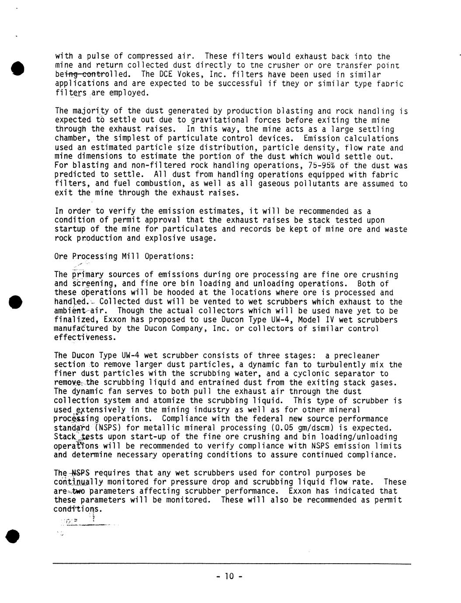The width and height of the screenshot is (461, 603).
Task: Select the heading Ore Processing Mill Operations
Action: click(x=124, y=256)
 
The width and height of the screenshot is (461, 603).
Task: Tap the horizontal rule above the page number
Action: click(x=232, y=564)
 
